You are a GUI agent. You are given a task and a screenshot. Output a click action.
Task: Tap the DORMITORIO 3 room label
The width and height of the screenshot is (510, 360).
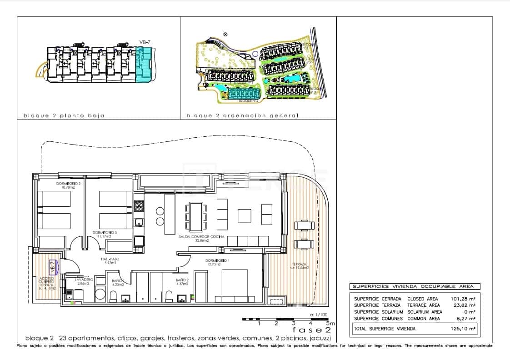105,233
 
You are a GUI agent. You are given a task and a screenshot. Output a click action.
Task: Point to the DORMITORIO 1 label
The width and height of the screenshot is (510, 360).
216,260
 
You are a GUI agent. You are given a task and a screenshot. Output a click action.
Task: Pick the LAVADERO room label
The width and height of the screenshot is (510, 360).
83,280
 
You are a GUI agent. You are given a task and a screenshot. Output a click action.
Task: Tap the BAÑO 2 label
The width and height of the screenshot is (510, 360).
182,280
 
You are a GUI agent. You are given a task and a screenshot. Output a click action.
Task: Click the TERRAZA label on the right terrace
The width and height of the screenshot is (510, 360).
299,265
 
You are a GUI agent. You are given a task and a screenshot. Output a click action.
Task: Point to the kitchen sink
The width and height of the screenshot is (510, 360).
139,223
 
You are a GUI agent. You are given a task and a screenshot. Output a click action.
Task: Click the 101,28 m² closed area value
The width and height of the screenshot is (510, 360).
463,299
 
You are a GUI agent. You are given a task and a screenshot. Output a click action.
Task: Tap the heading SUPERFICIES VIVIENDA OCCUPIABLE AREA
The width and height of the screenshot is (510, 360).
413,286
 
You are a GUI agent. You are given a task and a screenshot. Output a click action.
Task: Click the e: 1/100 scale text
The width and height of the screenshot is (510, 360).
318,315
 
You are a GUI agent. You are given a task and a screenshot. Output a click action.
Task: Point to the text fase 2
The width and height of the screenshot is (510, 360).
311,330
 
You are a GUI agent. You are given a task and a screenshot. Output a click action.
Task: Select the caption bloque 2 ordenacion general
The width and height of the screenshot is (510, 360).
242,115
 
